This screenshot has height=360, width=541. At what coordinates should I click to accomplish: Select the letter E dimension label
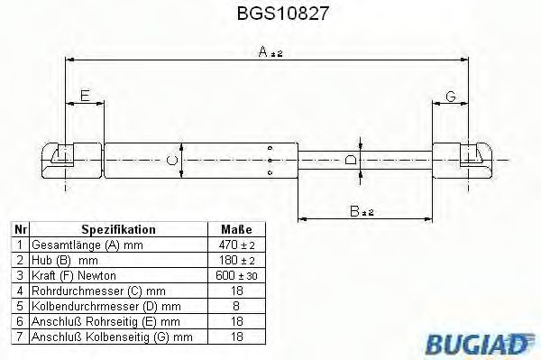[x=84, y=96]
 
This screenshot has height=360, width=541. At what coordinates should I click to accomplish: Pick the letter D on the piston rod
[x=352, y=160]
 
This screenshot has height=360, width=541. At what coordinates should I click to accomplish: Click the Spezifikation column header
[x=119, y=229]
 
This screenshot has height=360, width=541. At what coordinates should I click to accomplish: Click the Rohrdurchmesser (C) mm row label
[x=85, y=290]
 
